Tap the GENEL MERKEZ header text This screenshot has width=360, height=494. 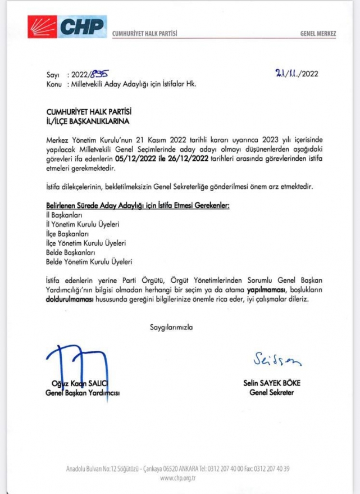[318, 34]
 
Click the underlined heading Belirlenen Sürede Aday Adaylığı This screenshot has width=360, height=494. [138, 206]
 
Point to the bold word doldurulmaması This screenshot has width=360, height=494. [74, 300]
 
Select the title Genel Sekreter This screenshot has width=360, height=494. [273, 392]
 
